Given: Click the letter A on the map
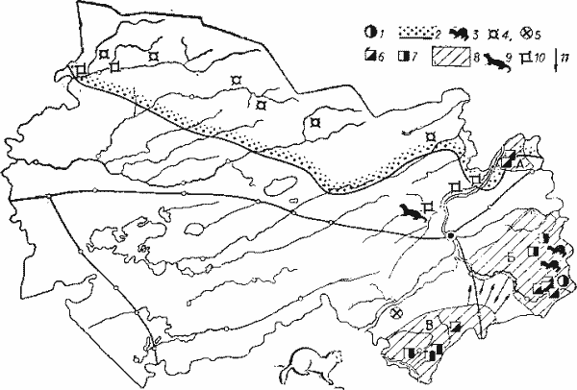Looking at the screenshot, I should point(518,164).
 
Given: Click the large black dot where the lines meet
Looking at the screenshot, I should point(449,233).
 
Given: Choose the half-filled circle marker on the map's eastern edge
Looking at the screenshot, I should point(563,282).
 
